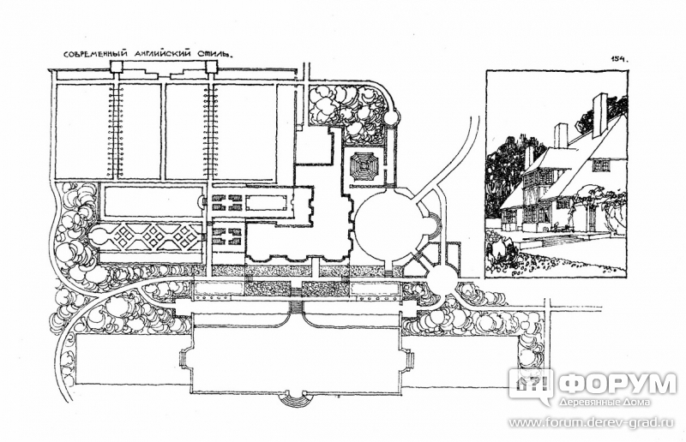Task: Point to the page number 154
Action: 619,60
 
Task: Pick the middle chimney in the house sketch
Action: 561,135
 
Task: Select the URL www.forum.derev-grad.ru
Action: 593,423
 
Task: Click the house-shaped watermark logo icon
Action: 531,385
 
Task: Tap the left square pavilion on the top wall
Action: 117,67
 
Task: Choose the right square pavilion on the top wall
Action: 211,67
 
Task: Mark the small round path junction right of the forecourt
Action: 442,278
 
